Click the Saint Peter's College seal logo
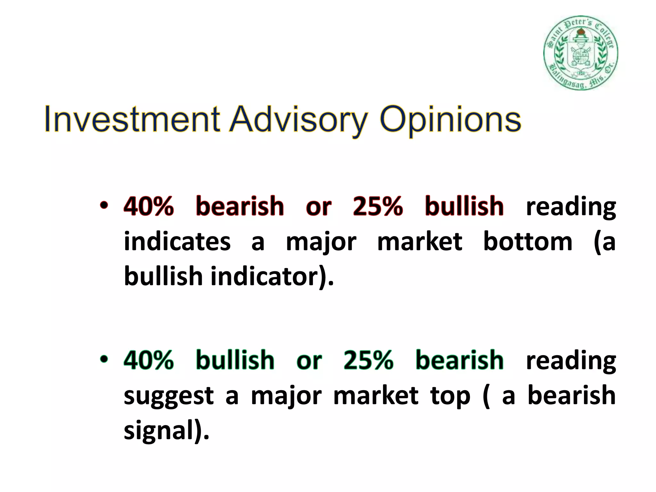coord(580,53)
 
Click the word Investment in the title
coord(132,119)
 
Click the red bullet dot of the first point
coord(103,205)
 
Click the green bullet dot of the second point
coord(103,359)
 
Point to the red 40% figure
coord(149,206)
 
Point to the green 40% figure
coord(149,360)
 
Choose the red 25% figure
coord(378,206)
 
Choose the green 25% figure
coord(368,360)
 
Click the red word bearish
coord(240,206)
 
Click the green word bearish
coord(459,360)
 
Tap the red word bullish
coord(464,206)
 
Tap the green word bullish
coord(235,360)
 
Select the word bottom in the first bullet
coord(527,241)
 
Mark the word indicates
coord(177,241)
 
